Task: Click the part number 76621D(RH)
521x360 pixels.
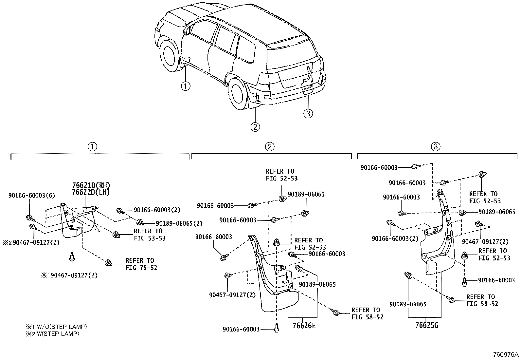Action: [x=91, y=185]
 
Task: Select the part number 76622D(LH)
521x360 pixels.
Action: [x=91, y=192]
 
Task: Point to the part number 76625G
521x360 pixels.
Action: [x=427, y=325]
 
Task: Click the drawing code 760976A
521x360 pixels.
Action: [x=506, y=355]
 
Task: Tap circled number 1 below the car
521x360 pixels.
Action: [x=186, y=86]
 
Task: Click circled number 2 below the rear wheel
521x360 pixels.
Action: [x=255, y=126]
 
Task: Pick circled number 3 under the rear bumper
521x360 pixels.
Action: [x=308, y=113]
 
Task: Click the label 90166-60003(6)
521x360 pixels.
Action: [x=31, y=196]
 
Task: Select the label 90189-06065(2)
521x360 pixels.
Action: [x=179, y=223]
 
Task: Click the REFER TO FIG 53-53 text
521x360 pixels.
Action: [x=150, y=235]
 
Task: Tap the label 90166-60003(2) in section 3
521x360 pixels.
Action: [x=395, y=239]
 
